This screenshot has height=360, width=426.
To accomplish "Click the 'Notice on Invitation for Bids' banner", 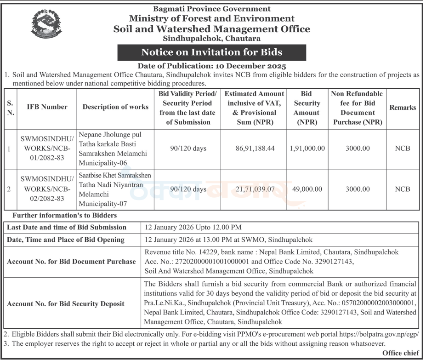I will click(211, 52).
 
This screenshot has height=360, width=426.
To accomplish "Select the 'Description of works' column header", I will click(115, 107).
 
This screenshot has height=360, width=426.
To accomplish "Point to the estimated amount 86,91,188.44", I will click(254, 149).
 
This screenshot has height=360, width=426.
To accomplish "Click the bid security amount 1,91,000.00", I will click(307, 149).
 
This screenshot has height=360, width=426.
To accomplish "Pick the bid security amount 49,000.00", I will click(307, 189).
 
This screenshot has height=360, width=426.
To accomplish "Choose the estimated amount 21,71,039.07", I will click(254, 189).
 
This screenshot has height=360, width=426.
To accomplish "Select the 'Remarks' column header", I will click(403, 107).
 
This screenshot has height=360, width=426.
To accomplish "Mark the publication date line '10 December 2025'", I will click(212, 66).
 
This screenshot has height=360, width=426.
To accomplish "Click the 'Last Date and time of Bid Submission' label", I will click(67, 227).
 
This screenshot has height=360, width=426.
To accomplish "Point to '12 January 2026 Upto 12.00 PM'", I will click(193, 227).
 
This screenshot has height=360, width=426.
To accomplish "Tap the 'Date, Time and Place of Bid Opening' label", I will click(66, 240).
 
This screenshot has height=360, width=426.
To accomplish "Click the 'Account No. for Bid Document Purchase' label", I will click(72, 262).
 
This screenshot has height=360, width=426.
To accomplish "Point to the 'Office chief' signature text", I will click(400, 353).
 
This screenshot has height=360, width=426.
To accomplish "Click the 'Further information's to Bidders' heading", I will click(65, 215).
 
